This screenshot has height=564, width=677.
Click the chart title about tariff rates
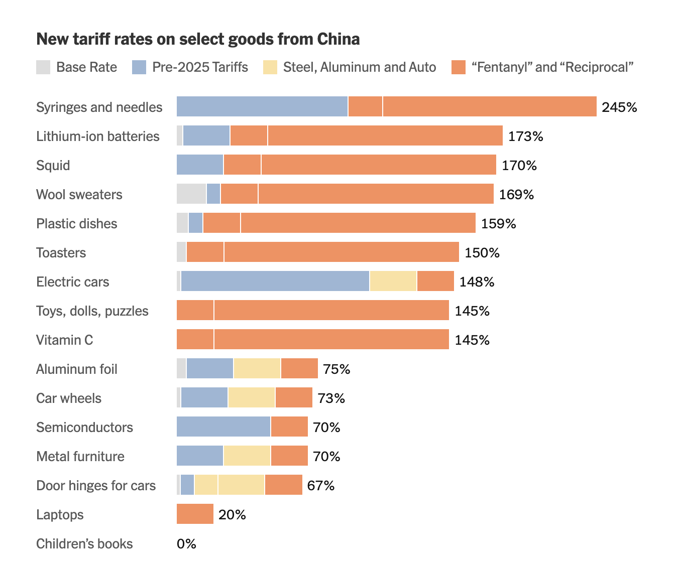pos(198,39)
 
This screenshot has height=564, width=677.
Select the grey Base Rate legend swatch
pos(43,67)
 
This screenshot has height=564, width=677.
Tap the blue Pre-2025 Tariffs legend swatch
pos(139,67)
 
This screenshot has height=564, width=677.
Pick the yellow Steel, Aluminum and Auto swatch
pos(270,67)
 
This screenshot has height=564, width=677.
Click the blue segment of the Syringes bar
pos(262,106)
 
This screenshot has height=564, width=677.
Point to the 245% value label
pos(619,107)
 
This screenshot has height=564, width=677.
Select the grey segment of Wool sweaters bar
pos(191,194)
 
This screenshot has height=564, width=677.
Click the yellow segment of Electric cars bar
pos(393,281)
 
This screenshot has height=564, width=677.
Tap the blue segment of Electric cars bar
pos(275,281)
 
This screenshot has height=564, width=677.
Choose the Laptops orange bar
pos(195,514)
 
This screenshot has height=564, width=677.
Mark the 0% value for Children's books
pos(186,544)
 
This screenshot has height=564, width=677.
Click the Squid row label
pos(53,166)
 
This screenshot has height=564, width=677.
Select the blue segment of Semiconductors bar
pos(223,427)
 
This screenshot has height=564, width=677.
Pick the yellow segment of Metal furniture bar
pos(247,456)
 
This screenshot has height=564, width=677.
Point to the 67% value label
pos(321,486)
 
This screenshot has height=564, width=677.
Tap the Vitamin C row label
pos(65,340)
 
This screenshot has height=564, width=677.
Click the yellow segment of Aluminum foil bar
pos(257,368)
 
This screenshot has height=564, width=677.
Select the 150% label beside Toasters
pos(482,253)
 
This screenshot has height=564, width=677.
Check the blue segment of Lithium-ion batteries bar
pos(206,135)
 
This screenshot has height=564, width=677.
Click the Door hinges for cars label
pos(96,486)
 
